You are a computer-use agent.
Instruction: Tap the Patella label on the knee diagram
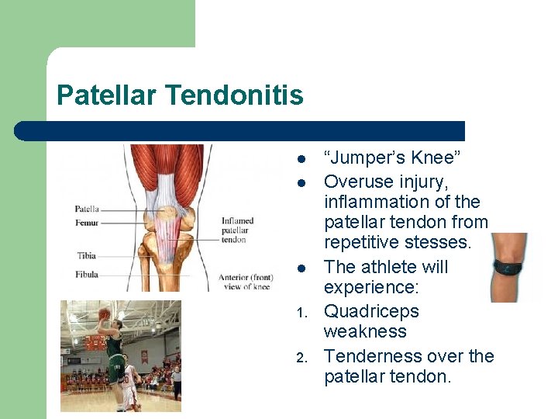pyautogui.click(x=86, y=209)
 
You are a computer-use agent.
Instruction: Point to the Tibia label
pyautogui.click(x=86, y=255)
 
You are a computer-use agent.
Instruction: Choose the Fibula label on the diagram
pyautogui.click(x=86, y=274)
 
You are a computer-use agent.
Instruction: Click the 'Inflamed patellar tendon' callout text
pyautogui.click(x=237, y=230)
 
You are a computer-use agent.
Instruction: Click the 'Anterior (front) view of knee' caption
pyautogui.click(x=244, y=282)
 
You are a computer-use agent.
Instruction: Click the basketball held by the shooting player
pyautogui.click(x=104, y=313)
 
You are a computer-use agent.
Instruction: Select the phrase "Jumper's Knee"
pyautogui.click(x=393, y=158)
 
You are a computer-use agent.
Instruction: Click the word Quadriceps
pyautogui.click(x=371, y=311)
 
